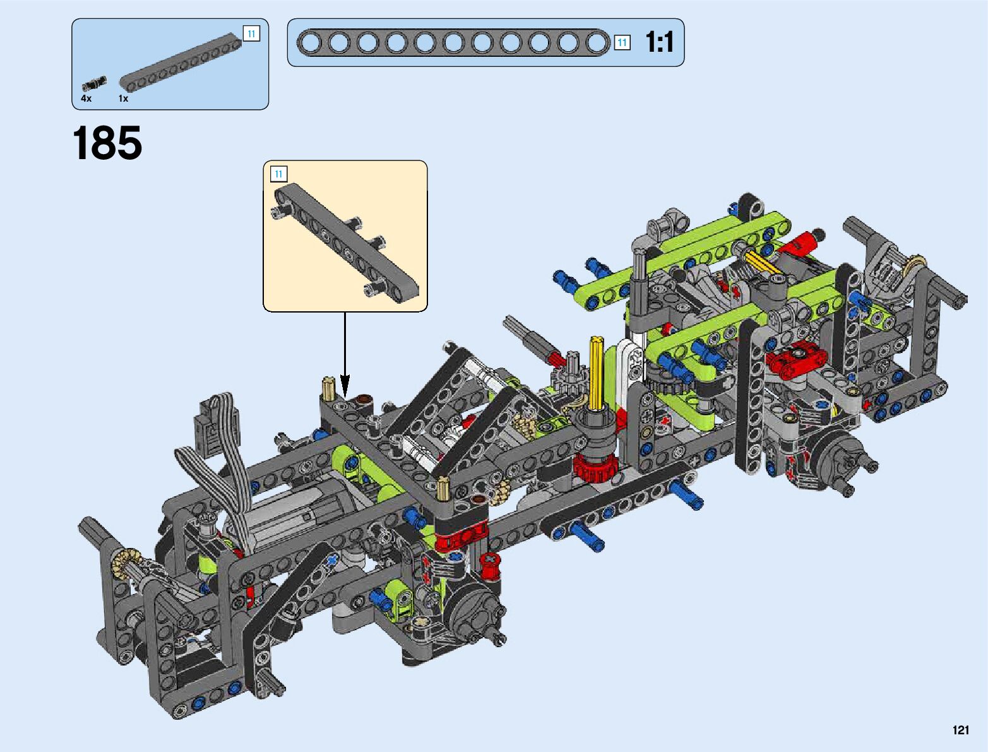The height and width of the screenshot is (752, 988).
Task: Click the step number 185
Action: point(107,143)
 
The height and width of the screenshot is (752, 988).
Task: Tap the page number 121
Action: point(961,730)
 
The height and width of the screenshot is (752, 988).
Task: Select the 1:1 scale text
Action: point(660,42)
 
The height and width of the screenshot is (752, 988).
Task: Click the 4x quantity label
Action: point(86,98)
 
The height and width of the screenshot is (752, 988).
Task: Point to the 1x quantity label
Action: point(123,98)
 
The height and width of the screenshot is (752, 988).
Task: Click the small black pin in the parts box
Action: point(95,83)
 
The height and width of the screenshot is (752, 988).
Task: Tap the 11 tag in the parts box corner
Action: point(252,33)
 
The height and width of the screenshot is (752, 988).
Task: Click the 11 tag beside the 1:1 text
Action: point(622,43)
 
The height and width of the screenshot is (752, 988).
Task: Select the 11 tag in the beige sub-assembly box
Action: point(278,174)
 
